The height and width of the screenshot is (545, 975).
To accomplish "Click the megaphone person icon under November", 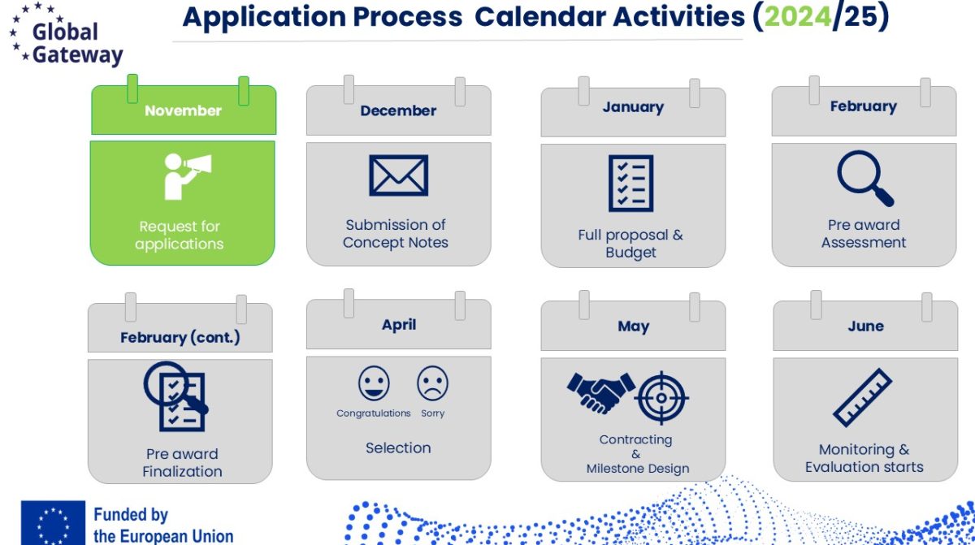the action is click(188, 176).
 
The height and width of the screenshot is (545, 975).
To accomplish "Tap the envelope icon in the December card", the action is click(398, 175).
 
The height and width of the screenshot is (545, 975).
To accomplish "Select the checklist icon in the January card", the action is click(630, 183).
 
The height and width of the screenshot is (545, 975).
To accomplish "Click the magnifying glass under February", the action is click(864, 178).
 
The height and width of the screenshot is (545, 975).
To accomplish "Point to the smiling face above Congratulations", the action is click(374, 383).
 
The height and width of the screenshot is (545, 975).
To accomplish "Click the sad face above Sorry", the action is click(432, 383).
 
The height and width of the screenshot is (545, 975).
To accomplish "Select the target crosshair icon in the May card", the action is click(661, 397).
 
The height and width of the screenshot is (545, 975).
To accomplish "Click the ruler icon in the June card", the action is click(862, 397).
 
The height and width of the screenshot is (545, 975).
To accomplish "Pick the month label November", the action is click(184, 110).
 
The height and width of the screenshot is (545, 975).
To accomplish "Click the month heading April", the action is click(399, 324).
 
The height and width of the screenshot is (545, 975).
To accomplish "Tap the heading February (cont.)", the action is click(180, 337).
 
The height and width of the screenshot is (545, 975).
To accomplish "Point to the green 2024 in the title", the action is click(798, 17).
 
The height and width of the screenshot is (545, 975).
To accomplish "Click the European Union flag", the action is click(53, 522).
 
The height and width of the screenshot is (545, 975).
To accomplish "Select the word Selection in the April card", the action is click(398, 448).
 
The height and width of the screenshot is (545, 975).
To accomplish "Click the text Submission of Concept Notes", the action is click(395, 234).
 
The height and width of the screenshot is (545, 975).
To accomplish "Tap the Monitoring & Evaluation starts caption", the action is click(864, 458).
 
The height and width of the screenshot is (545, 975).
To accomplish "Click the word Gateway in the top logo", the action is click(77, 55).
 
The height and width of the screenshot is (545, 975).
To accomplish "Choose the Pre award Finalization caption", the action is click(182, 462).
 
